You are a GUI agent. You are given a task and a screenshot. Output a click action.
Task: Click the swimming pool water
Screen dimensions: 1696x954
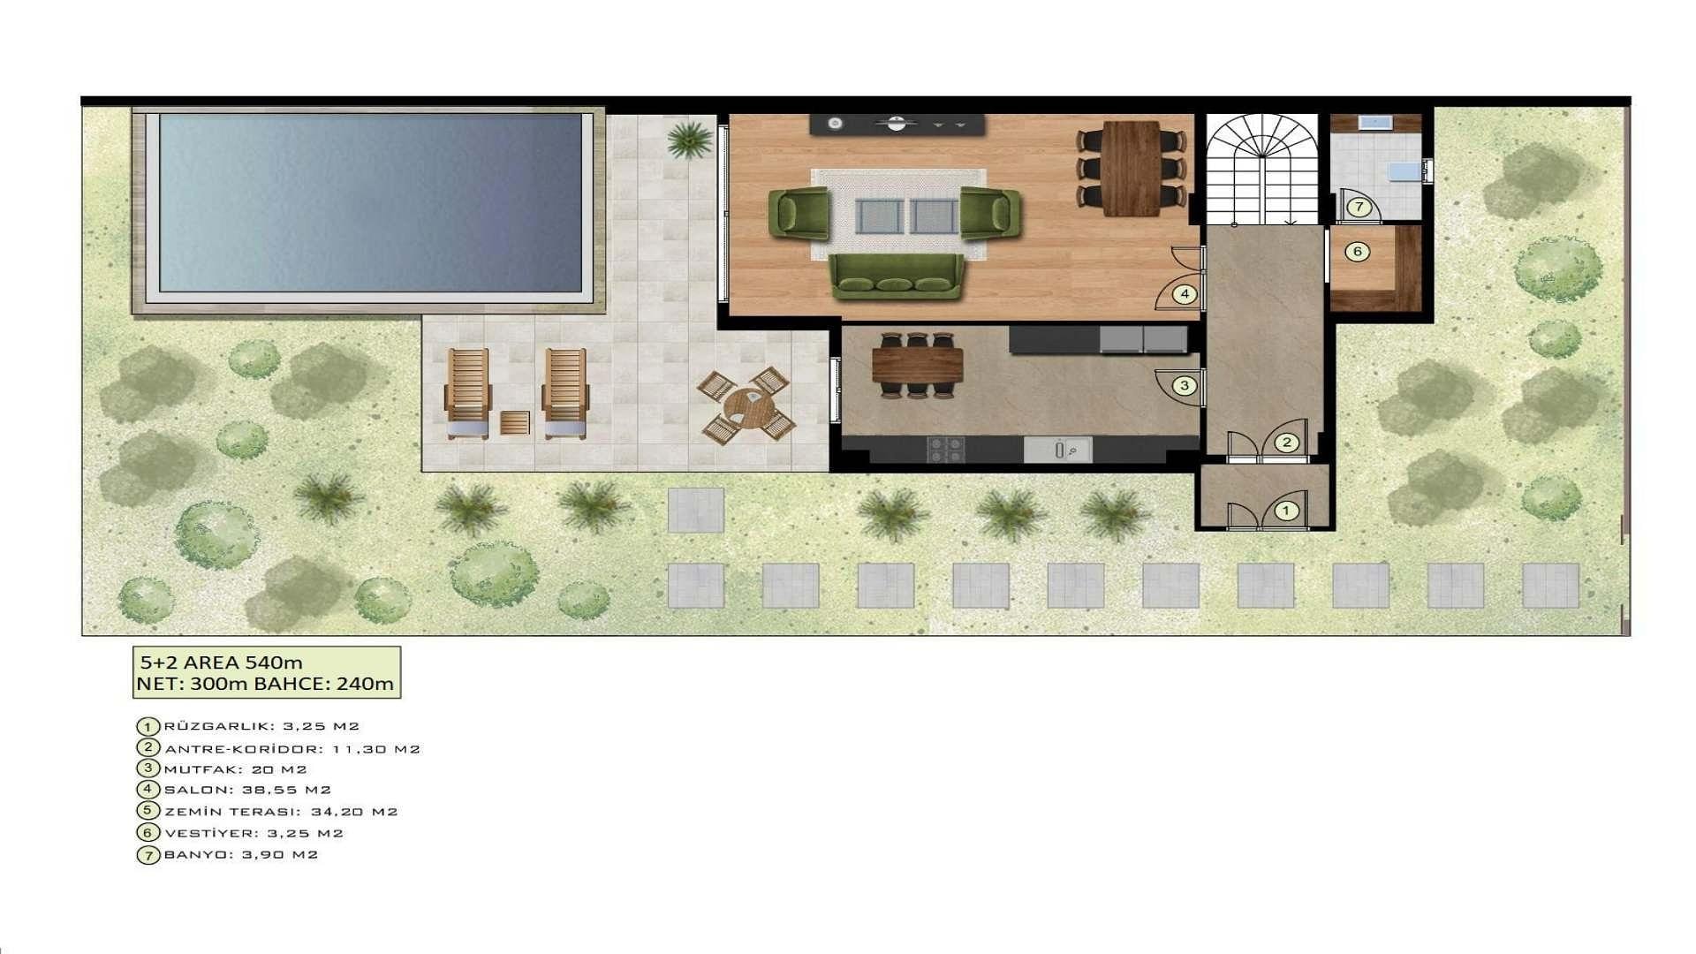click(x=370, y=202)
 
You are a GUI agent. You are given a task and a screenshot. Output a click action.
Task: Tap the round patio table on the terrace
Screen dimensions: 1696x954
click(x=747, y=406)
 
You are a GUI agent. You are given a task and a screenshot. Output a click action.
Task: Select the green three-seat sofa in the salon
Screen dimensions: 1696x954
click(x=897, y=276)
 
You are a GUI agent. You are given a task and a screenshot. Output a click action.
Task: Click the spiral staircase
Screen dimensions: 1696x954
click(x=1263, y=169)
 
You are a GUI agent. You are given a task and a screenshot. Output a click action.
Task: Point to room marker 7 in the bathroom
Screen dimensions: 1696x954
click(x=1359, y=208)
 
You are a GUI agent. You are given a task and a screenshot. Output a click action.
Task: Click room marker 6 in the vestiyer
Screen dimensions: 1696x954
click(x=1358, y=252)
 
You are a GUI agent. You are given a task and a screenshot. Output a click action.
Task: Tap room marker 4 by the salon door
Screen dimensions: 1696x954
click(x=1185, y=294)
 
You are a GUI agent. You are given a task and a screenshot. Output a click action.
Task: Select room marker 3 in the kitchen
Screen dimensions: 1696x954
click(x=1185, y=385)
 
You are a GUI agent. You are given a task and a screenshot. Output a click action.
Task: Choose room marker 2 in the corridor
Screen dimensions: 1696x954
click(x=1287, y=443)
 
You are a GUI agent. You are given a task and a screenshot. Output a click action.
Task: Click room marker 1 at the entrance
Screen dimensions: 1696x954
click(x=1286, y=511)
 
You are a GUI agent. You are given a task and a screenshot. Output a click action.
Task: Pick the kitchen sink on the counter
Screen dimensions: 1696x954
click(x=1058, y=450)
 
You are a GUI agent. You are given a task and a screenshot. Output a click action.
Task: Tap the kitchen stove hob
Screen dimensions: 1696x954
click(x=945, y=449)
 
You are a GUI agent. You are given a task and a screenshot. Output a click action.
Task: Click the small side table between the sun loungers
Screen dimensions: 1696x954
click(x=514, y=422)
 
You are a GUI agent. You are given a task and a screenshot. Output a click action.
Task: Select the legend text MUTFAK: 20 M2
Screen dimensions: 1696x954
click(x=235, y=769)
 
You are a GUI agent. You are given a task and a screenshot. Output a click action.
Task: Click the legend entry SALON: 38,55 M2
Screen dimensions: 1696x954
click(x=247, y=791)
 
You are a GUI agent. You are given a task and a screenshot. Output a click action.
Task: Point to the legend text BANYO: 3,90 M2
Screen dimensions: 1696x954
click(x=240, y=855)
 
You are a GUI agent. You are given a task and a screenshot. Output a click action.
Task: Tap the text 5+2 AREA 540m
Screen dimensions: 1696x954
click(x=222, y=662)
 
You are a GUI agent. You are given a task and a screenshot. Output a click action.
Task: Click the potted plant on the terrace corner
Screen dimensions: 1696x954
click(x=689, y=140)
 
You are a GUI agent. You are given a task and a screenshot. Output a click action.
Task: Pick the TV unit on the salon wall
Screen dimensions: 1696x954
click(x=897, y=125)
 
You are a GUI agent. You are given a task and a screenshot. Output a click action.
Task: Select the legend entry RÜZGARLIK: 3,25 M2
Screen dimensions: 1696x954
click(x=261, y=726)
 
